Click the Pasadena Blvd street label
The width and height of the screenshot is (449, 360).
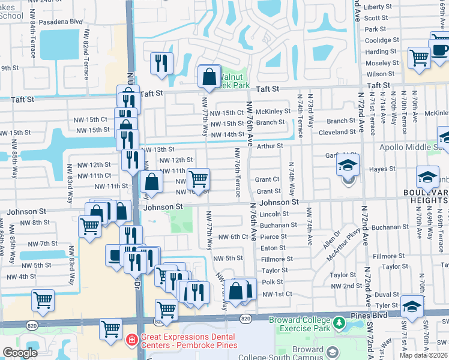(61, 21)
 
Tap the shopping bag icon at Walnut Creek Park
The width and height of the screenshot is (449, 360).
(209, 77)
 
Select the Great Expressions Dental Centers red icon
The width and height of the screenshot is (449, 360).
(131, 341)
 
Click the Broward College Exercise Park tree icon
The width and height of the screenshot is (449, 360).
(339, 324)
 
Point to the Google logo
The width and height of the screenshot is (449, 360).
(20, 353)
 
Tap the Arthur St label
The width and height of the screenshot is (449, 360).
(270, 146)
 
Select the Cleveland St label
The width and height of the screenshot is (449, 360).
(337, 132)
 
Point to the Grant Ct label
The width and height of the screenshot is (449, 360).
(267, 179)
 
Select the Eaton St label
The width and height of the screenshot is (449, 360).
(273, 248)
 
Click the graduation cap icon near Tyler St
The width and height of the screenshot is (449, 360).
(412, 307)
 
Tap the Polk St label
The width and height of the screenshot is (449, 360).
(272, 282)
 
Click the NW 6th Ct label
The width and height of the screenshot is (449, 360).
(233, 237)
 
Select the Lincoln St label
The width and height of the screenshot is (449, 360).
(274, 214)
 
